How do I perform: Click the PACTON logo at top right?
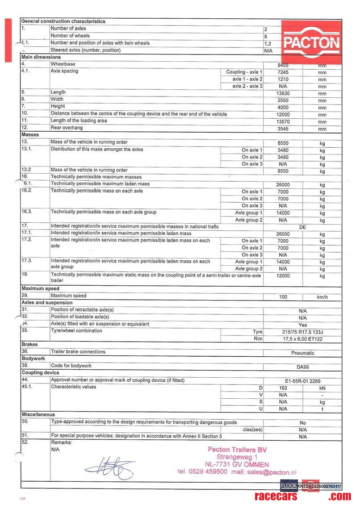click(x=311, y=42)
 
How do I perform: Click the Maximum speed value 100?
click(x=283, y=297)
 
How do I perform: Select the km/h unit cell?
click(x=322, y=297)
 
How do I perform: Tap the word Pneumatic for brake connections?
click(x=302, y=353)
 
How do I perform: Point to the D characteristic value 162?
click(x=283, y=388)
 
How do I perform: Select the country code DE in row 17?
click(x=302, y=227)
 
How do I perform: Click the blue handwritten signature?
click(x=109, y=467)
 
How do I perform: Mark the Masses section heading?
click(x=30, y=135)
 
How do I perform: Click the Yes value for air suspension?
click(x=302, y=325)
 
